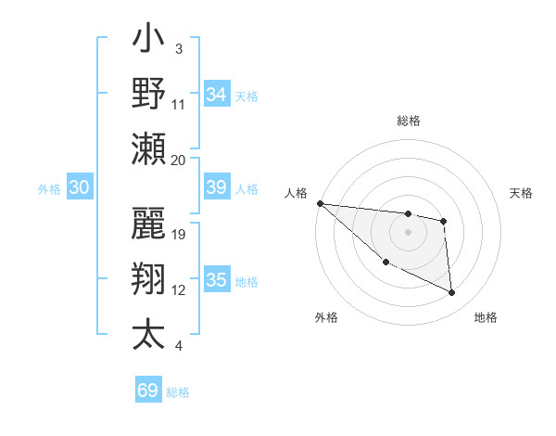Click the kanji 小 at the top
149,43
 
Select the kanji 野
149,93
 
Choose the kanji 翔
149,279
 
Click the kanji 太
149,333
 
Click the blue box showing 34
217,94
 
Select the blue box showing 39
217,187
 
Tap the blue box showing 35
217,280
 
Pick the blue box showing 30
79,187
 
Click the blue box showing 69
148,391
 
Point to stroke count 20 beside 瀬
179,160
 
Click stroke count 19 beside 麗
180,235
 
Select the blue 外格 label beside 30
49,188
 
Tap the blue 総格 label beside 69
178,391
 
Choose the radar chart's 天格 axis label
522,193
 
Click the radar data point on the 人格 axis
320,203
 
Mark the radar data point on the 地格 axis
452,293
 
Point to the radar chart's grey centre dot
408,232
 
